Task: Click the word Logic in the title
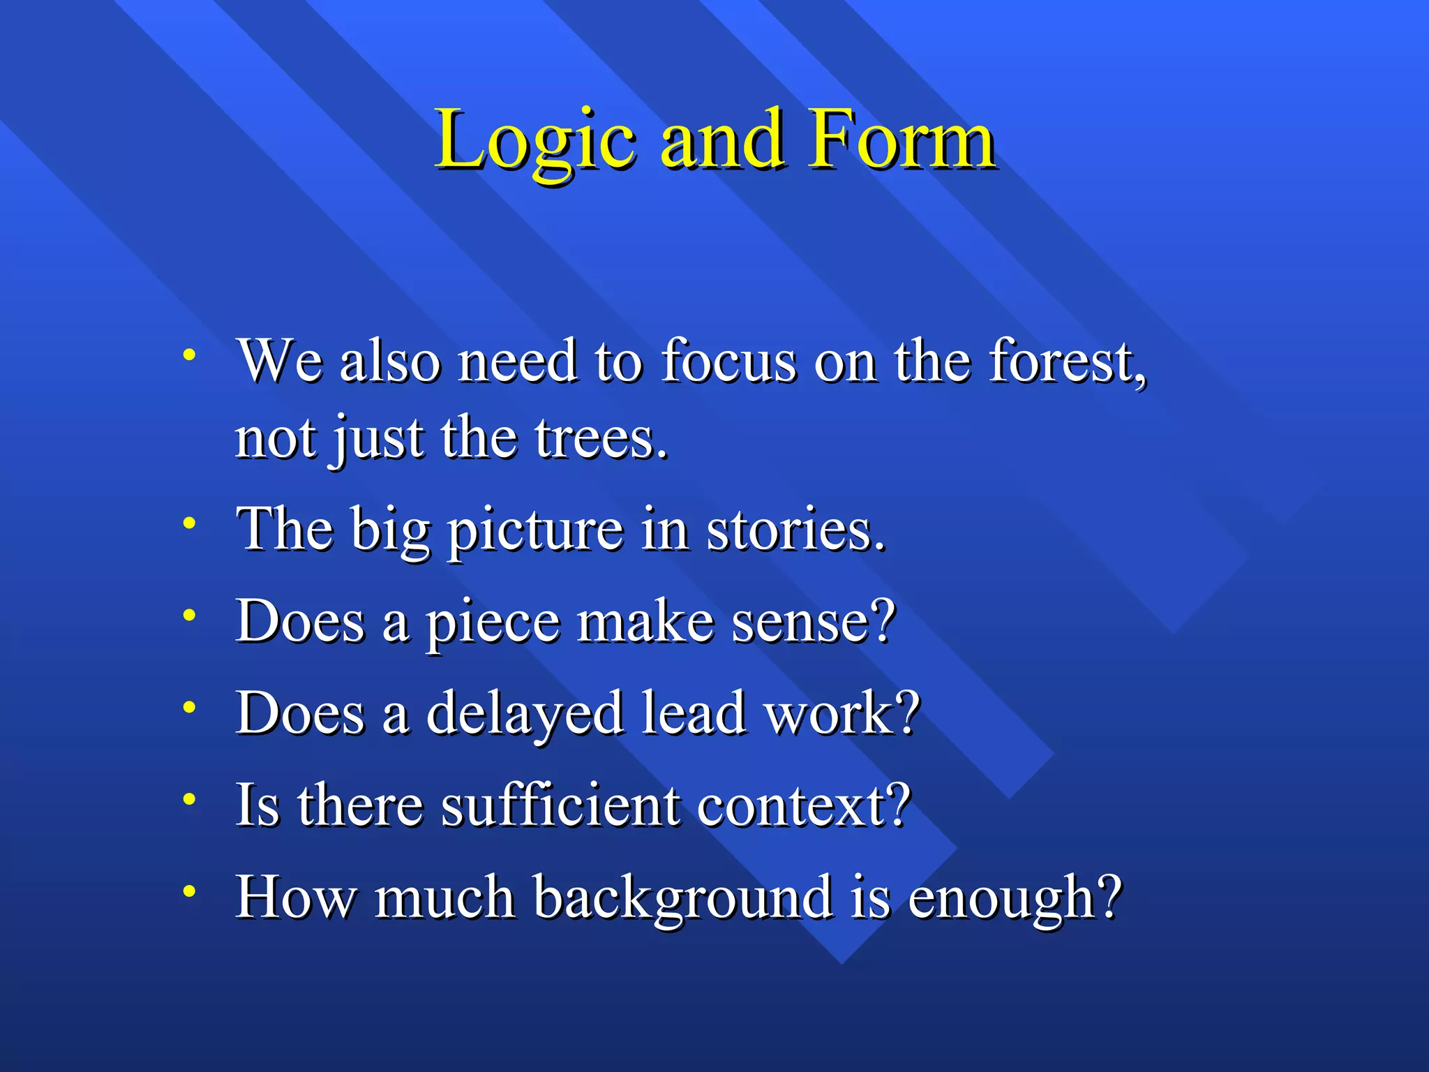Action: coord(534,142)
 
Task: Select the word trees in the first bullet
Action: coord(601,440)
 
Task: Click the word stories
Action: coord(795,530)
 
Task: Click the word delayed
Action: coord(524,714)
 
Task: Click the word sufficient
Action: coord(561,805)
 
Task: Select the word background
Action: coord(682,898)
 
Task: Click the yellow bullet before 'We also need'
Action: coord(188,355)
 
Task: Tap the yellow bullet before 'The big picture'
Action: coord(188,523)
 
